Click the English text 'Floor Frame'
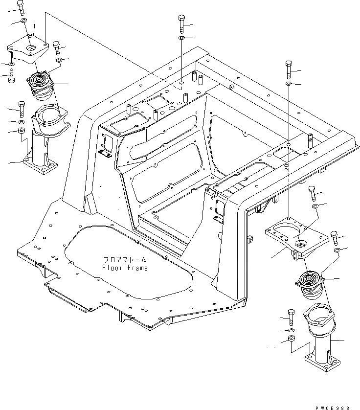click(124, 268)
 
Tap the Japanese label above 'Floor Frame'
click(124, 260)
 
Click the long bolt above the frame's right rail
click(289, 70)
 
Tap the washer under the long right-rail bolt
click(289, 84)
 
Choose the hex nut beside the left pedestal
click(22, 131)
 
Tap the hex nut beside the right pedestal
click(291, 339)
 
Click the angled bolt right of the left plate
click(57, 48)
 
